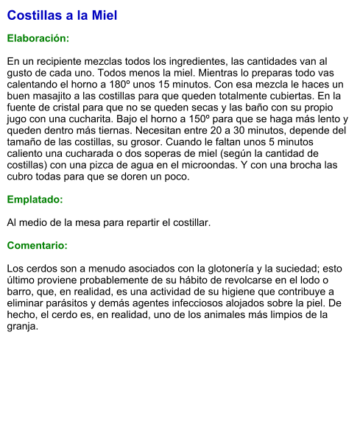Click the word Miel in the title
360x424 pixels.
pos(104,15)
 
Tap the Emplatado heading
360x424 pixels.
pos(35,199)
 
